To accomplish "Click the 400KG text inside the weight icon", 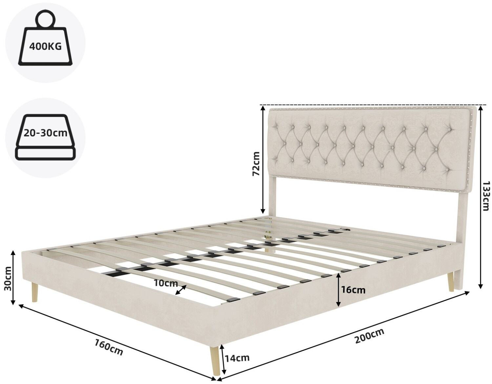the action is (x=45, y=46).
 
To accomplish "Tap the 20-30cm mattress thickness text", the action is (x=46, y=133).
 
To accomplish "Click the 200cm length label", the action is (x=369, y=335).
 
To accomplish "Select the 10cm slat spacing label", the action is (x=166, y=283).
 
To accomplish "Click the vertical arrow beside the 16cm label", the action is (x=338, y=290).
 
